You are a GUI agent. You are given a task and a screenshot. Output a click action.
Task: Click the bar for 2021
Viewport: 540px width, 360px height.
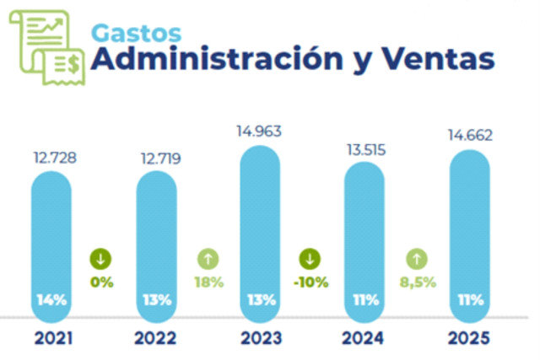(x=52, y=244)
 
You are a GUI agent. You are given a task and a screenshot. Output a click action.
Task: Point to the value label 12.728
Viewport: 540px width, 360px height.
(x=52, y=157)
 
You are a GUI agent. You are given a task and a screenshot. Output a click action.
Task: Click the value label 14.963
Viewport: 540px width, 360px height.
(x=261, y=131)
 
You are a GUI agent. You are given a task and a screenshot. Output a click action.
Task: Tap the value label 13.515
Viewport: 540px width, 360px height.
(x=365, y=148)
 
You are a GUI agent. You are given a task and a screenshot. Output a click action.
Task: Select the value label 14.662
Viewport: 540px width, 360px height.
(x=470, y=135)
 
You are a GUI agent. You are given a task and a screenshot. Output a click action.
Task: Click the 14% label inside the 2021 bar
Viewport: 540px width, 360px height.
(x=52, y=298)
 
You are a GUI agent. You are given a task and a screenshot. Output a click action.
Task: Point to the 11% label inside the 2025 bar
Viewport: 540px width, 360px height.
(x=470, y=298)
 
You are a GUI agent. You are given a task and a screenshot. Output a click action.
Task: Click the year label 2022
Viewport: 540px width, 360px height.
(x=156, y=339)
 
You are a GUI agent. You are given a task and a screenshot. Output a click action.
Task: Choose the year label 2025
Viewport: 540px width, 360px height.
(x=470, y=339)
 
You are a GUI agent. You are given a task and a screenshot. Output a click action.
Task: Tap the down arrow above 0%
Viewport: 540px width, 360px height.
(x=103, y=259)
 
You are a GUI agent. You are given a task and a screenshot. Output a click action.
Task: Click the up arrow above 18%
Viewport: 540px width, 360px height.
(x=208, y=259)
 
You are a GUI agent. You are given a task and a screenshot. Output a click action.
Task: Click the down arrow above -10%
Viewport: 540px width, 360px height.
(x=313, y=259)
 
